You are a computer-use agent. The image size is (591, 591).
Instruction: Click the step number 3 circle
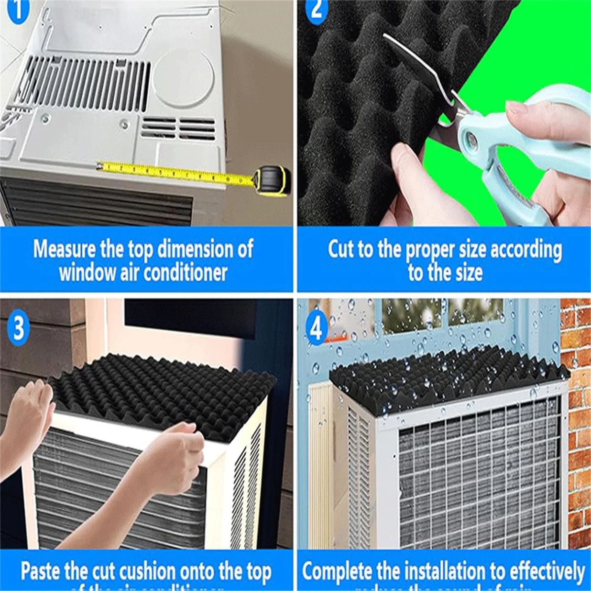point(18,328)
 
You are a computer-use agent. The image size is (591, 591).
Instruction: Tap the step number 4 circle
point(317,328)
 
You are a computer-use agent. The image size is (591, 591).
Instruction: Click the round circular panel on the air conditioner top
point(183,79)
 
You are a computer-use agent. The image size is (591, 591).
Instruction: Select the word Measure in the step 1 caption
point(65,249)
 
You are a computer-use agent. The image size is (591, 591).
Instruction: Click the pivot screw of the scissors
point(472,142)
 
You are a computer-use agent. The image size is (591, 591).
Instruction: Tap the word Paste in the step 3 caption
point(40,571)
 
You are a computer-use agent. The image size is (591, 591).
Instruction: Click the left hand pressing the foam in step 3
point(30,414)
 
